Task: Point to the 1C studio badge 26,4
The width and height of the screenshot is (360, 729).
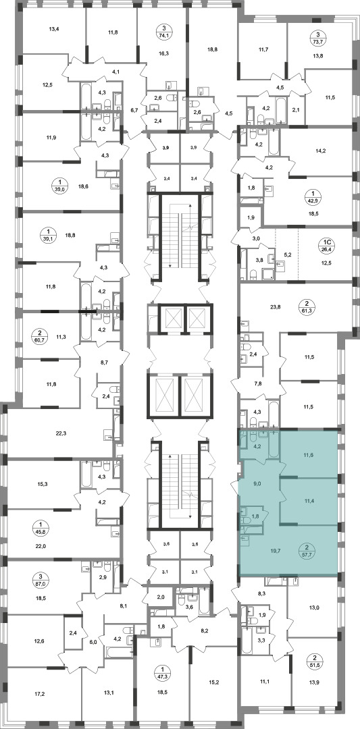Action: coord(327,245)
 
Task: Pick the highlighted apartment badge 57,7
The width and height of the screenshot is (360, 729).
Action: coord(307,551)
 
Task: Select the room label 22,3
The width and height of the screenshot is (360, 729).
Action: coord(61,433)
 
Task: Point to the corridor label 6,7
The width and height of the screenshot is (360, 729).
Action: coord(134,110)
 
